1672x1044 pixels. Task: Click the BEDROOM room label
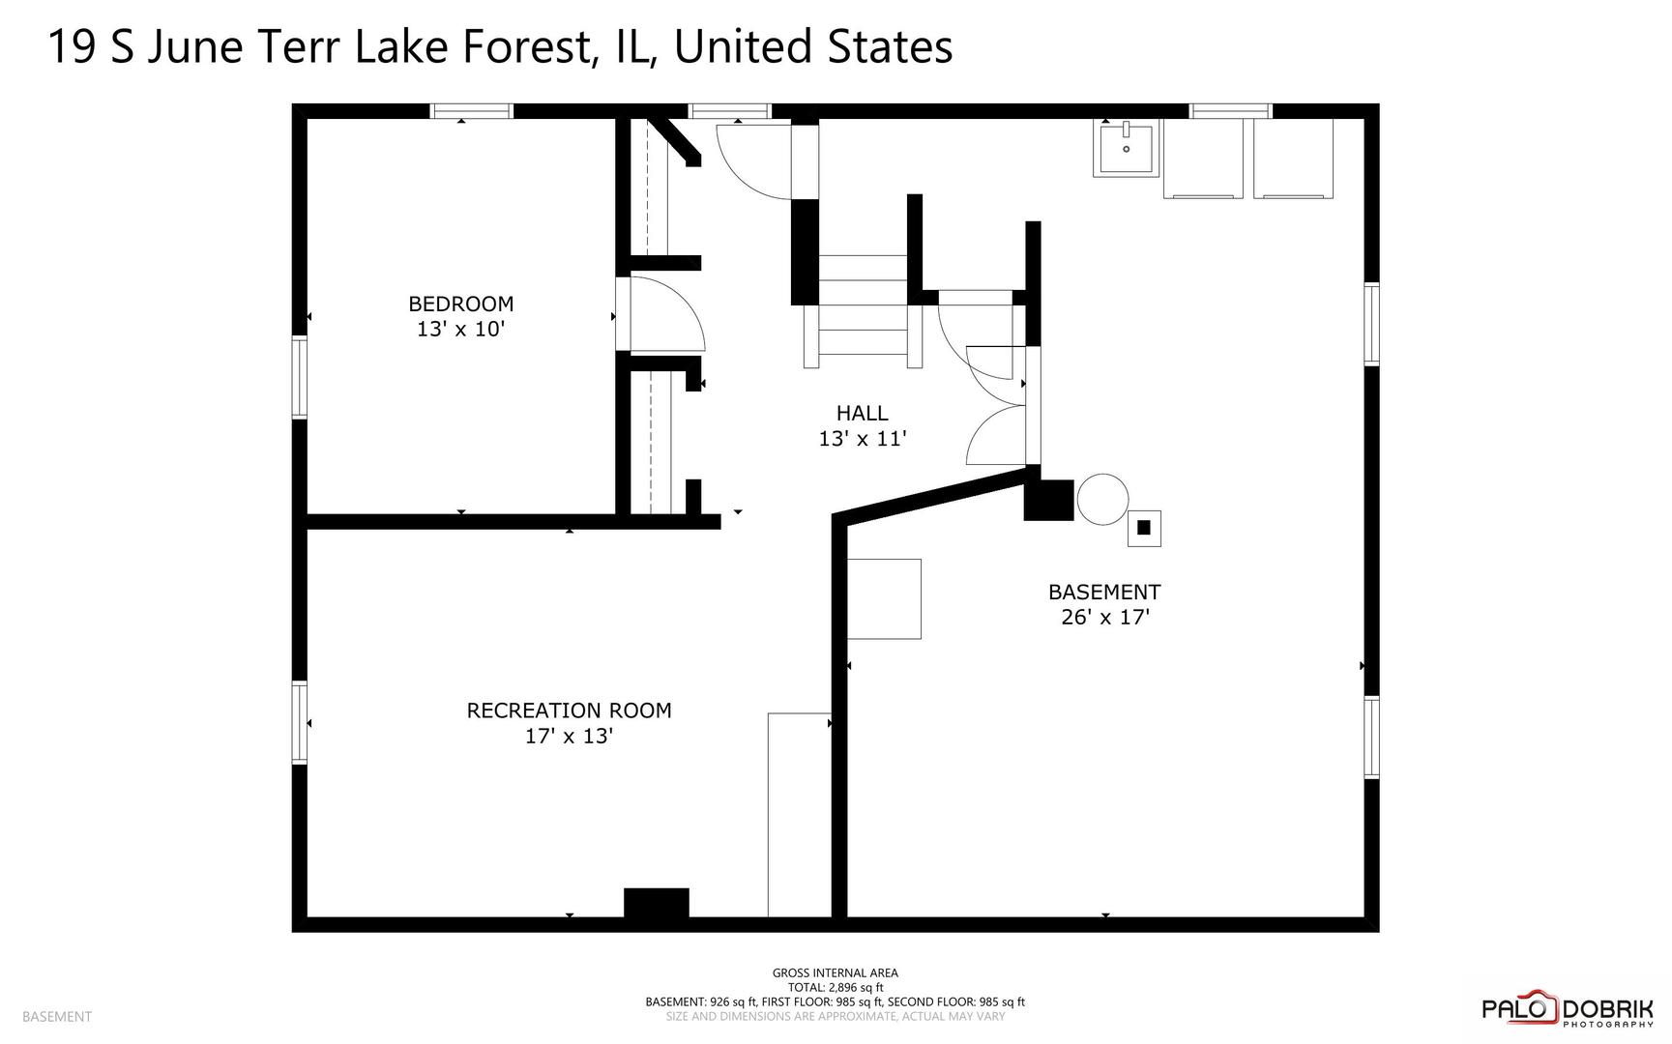point(460,304)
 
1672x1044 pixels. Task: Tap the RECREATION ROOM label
point(569,710)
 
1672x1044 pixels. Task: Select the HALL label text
point(862,413)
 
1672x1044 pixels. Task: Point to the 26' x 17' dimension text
point(1104,617)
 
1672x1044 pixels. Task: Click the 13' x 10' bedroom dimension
point(461,329)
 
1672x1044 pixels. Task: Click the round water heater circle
point(1102,500)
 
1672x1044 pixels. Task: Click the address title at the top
point(500,46)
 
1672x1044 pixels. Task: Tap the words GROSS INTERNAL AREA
point(835,972)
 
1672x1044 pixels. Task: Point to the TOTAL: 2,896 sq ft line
point(835,987)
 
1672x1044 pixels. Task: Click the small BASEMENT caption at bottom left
point(57,1016)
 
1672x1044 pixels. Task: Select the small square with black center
point(1144,528)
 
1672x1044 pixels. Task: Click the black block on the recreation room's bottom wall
point(657,902)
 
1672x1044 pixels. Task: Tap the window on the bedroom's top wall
point(471,111)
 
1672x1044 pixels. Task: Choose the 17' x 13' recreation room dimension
point(569,736)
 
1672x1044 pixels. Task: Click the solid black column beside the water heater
point(1049,500)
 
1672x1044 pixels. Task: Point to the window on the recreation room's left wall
point(300,723)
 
